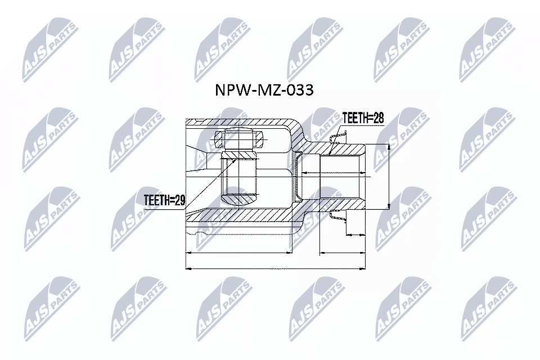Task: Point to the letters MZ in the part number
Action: (267, 90)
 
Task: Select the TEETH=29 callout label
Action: (164, 199)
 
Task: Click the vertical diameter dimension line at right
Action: (389, 177)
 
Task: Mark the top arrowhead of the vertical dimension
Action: (389, 146)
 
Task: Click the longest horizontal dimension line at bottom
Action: (276, 269)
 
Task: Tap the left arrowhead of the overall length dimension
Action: (188, 269)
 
